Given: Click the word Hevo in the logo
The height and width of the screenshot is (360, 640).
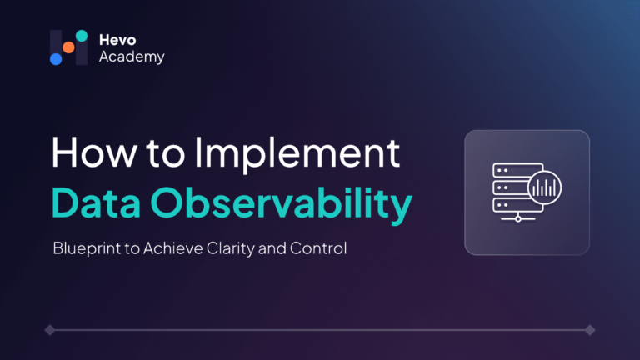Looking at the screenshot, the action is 117,40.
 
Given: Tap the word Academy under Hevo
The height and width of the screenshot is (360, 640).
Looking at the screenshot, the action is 132,57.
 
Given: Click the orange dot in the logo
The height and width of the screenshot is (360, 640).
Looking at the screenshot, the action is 68,47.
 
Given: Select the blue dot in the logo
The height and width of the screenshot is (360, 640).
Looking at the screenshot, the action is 56,59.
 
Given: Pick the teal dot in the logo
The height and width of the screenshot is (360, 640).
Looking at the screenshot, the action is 82,36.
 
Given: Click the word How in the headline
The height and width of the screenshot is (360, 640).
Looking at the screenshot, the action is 94,152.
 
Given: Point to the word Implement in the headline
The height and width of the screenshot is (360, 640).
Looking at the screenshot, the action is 297,154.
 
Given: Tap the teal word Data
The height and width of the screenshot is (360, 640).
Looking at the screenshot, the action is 96,202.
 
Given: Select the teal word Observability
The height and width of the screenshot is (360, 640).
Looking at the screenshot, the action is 282,204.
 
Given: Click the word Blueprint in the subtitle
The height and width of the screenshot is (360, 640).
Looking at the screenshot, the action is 87,248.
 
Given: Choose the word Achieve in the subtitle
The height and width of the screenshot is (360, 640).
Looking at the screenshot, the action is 173,248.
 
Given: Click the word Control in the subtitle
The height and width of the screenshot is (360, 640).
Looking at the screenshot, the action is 318,248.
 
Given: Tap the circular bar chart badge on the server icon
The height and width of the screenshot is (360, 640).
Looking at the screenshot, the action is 544,187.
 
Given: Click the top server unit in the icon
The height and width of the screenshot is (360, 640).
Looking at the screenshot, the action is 517,170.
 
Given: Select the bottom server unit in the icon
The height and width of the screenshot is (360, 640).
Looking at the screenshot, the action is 517,205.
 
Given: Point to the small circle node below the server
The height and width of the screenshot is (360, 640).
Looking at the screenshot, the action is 518,219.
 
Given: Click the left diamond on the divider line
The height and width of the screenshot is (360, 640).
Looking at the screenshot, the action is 50,330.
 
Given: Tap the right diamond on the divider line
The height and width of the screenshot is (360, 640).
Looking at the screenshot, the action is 590,330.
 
